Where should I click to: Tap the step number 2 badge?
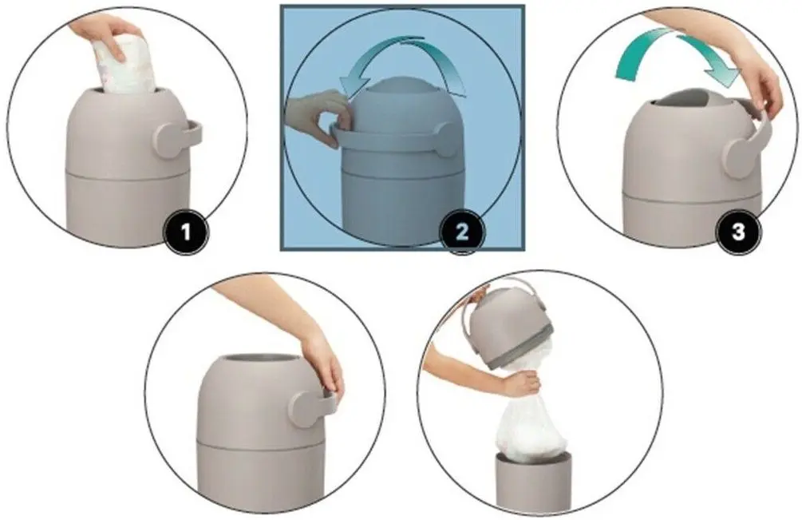462,232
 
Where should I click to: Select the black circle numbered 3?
738,232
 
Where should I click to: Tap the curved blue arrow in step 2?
404,59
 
